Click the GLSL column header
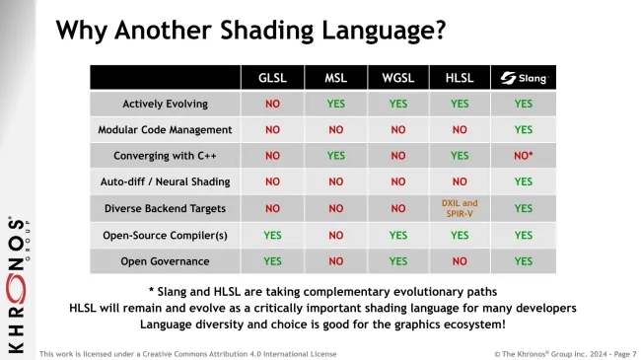pos(273,77)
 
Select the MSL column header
pos(335,77)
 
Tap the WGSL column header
pos(397,77)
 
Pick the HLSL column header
pos(460,77)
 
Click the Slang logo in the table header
pos(523,77)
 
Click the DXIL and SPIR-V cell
pos(460,207)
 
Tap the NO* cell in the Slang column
pos(524,156)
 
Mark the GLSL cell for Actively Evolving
pos(273,103)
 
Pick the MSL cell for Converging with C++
pos(335,156)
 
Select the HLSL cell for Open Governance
pos(460,261)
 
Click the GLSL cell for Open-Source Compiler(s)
pos(273,235)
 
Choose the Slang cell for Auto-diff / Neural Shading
pos(523,181)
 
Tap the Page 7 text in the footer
pos(617,352)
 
